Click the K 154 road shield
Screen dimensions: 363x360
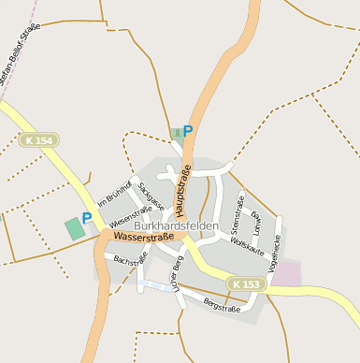(x=38, y=139)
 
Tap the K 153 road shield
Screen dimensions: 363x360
(x=246, y=283)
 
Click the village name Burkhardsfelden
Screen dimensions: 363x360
(x=177, y=226)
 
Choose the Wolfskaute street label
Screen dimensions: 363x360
(x=249, y=246)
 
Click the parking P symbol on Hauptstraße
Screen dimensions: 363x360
(x=188, y=132)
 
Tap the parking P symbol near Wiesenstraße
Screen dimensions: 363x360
(x=87, y=218)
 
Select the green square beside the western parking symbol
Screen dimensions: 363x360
(x=73, y=227)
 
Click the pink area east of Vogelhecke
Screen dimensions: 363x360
(x=287, y=273)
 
